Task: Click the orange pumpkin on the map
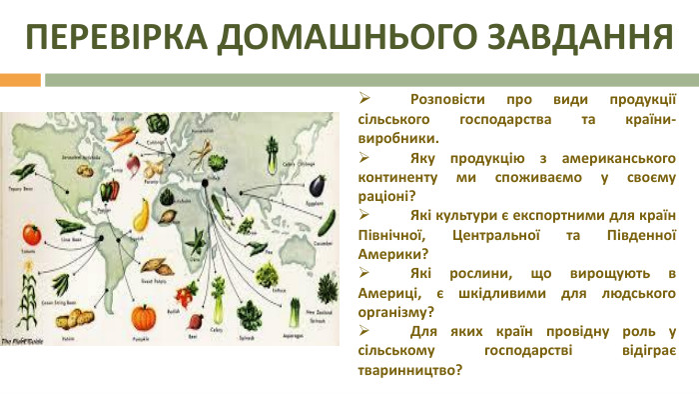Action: pyautogui.click(x=146, y=318)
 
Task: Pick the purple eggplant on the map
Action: pyautogui.click(x=317, y=185)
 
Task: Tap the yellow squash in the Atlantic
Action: pyautogui.click(x=142, y=212)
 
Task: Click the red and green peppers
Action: pyautogui.click(x=110, y=187)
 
